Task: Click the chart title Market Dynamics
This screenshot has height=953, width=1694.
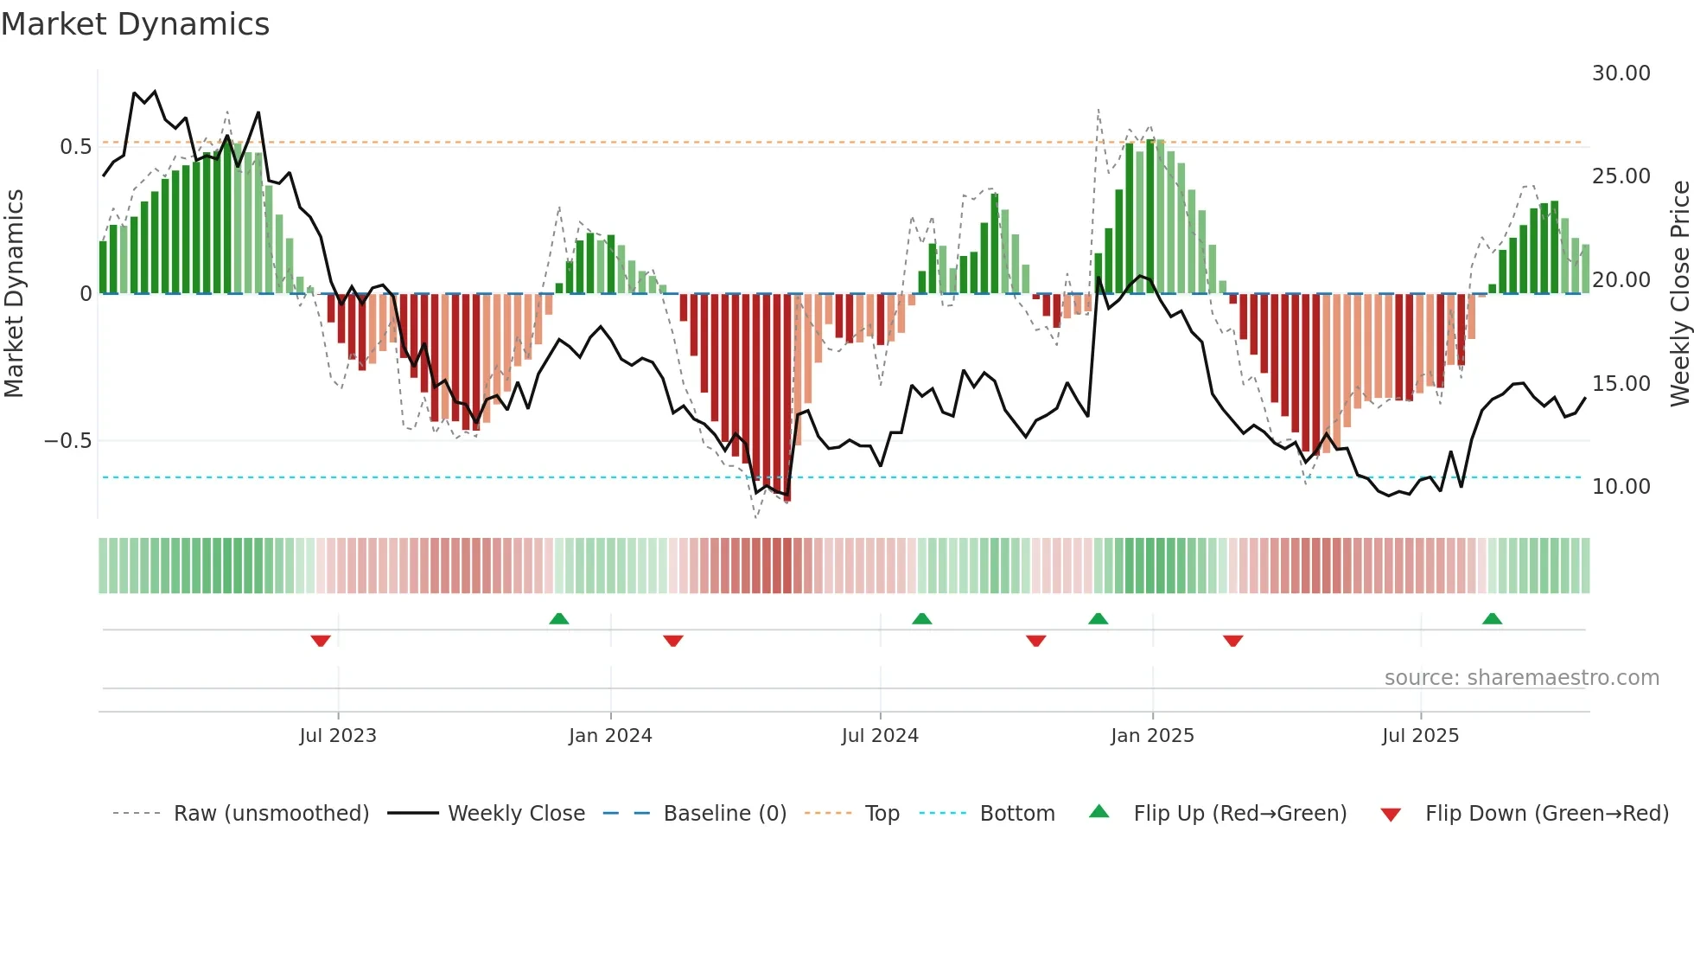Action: pos(135,24)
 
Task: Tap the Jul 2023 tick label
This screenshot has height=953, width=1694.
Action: pos(338,736)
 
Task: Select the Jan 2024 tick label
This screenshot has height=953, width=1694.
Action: pos(610,736)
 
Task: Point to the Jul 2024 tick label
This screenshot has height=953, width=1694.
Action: pos(880,736)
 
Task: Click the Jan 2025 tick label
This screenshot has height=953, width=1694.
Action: pos(1152,736)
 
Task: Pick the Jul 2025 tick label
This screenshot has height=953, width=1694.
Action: pos(1420,736)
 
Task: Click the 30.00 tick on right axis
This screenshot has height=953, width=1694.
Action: pos(1621,74)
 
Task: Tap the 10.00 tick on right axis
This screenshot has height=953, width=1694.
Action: pos(1621,487)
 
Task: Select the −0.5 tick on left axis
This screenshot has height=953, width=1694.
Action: pos(67,441)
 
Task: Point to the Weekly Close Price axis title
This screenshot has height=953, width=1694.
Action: pos(1679,294)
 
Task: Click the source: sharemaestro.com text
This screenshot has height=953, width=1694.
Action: pos(1521,678)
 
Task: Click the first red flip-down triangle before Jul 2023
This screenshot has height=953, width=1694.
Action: pos(321,641)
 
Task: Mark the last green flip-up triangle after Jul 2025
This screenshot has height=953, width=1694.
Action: pos(1492,618)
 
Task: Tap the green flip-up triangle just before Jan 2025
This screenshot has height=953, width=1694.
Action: pos(1098,618)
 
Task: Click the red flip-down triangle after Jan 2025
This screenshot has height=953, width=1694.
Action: pos(1233,641)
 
